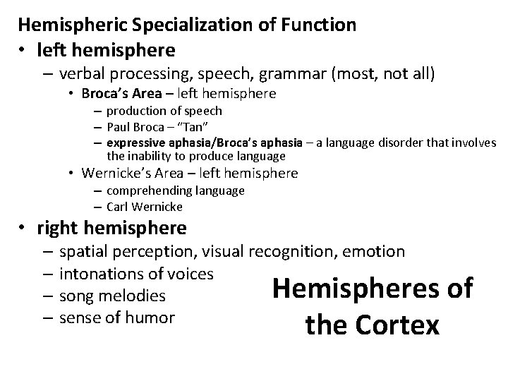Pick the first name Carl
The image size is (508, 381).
[x=117, y=207]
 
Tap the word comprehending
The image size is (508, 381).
[x=143, y=190]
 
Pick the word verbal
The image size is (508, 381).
[x=83, y=73]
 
